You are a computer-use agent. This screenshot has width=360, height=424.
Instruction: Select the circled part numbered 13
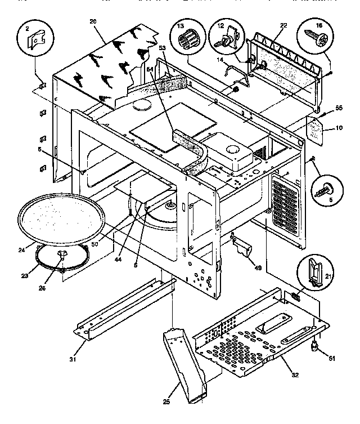coord(187,40)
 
